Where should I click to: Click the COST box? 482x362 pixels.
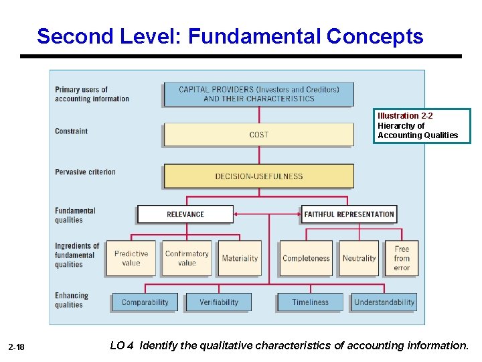pyautogui.click(x=258, y=135)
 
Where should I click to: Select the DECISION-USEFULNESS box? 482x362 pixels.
pyautogui.click(x=258, y=176)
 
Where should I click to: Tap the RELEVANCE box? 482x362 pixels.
pyautogui.click(x=185, y=215)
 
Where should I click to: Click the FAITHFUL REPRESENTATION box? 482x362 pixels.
pyautogui.click(x=349, y=215)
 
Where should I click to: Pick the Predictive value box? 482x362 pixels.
pyautogui.click(x=131, y=258)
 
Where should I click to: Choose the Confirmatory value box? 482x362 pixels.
pyautogui.click(x=187, y=258)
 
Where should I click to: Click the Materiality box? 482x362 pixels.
pyautogui.click(x=240, y=258)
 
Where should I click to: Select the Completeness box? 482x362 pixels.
pyautogui.click(x=306, y=258)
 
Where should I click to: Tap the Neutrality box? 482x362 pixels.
pyautogui.click(x=359, y=258)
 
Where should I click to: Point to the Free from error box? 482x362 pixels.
pyautogui.click(x=402, y=258)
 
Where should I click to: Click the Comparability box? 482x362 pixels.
pyautogui.click(x=145, y=302)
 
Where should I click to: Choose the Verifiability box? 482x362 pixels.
pyautogui.click(x=219, y=302)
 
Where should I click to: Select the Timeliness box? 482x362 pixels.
pyautogui.click(x=310, y=302)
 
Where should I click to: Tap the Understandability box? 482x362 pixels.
pyautogui.click(x=384, y=302)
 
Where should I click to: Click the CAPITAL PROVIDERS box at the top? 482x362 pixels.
pyautogui.click(x=258, y=94)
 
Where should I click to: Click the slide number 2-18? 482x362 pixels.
pyautogui.click(x=17, y=347)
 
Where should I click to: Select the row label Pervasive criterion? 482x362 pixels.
pyautogui.click(x=85, y=172)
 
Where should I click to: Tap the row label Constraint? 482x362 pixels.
pyautogui.click(x=71, y=131)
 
